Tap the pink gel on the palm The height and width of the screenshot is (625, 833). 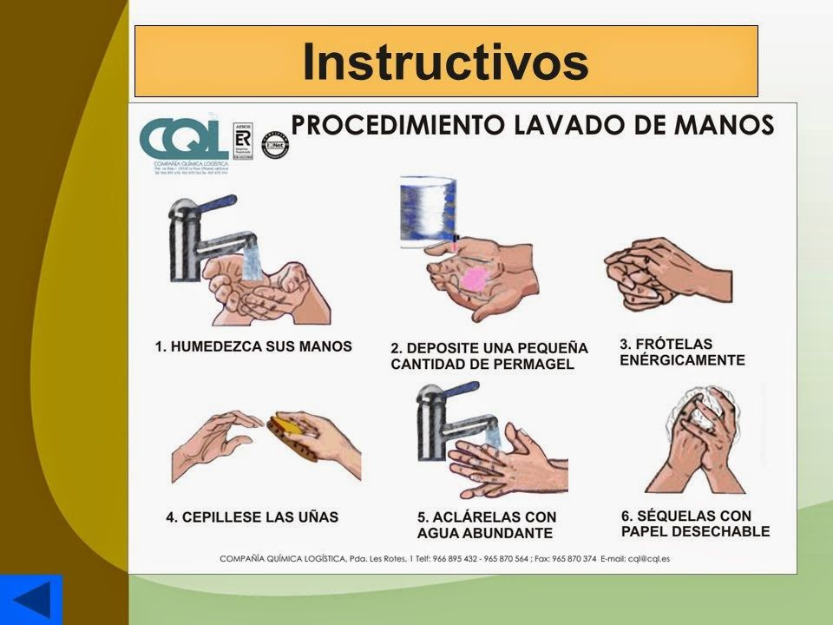coord(474,279)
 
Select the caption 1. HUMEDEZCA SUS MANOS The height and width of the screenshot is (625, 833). coord(253,346)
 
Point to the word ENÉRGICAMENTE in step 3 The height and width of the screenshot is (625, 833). coord(682,359)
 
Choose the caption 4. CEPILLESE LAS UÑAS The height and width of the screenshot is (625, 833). coord(253,517)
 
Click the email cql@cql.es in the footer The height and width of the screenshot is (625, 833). coord(656,560)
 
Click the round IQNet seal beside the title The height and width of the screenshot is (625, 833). coord(275,144)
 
